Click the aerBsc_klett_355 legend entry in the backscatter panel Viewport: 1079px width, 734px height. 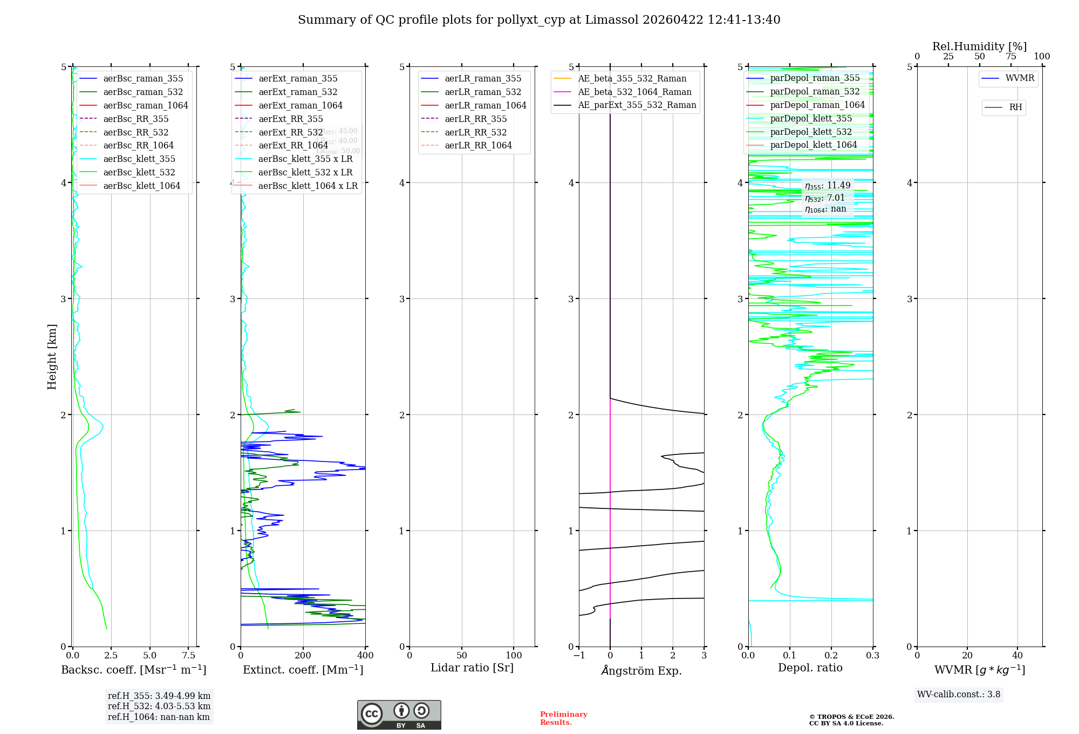(139, 159)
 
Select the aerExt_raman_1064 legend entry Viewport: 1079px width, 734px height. (300, 105)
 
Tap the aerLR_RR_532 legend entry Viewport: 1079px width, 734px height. (475, 132)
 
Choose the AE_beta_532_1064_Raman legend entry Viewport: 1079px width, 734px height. (634, 92)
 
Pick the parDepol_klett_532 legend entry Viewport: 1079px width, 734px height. (810, 132)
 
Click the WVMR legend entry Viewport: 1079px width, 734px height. (1020, 78)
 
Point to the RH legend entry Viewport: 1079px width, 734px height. (1015, 107)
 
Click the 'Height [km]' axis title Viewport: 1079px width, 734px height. (52, 356)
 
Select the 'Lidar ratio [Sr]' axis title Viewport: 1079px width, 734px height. (472, 668)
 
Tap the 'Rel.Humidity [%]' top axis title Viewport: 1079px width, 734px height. (979, 46)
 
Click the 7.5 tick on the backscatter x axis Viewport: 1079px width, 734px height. (189, 656)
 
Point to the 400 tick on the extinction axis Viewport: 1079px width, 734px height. (365, 656)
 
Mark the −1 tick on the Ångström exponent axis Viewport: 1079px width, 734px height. (579, 656)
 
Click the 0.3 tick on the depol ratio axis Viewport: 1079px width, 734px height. (872, 656)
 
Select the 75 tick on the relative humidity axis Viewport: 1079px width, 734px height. (1010, 56)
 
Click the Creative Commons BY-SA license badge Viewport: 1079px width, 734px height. (399, 715)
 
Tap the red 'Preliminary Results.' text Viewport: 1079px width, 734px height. (563, 718)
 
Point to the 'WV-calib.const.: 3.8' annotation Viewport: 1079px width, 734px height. (959, 695)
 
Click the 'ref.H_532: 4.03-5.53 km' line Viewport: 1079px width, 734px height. (159, 706)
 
